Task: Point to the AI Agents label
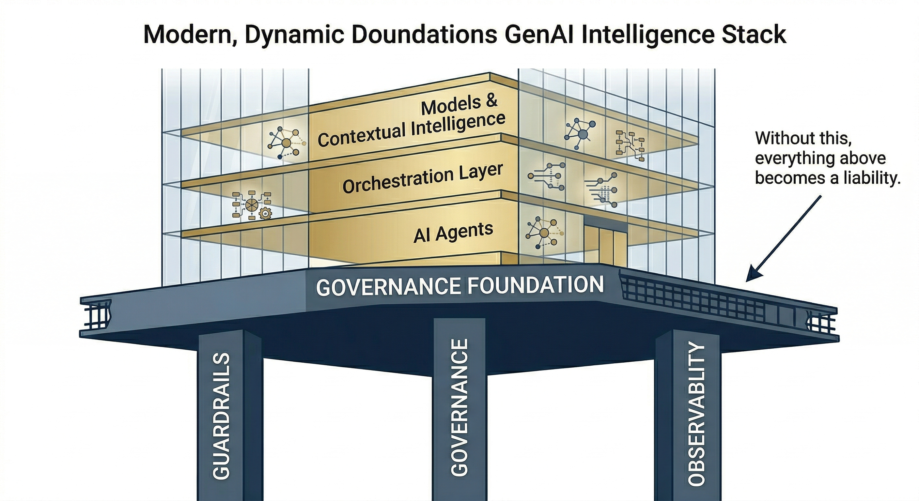pos(453,232)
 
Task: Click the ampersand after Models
pos(491,101)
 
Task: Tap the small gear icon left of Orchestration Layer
pos(265,214)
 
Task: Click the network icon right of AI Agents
pos(543,233)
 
